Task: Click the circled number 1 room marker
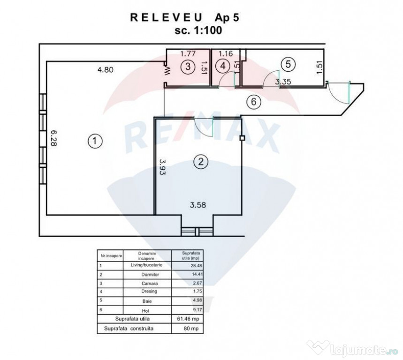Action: [95, 141]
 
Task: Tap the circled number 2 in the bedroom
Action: [201, 162]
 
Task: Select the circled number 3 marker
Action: [188, 67]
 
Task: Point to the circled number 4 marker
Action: [223, 66]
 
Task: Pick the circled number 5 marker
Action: [288, 64]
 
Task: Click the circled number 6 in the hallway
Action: [254, 102]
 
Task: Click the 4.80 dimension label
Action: [106, 69]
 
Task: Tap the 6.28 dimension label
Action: [53, 138]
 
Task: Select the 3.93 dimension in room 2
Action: [162, 167]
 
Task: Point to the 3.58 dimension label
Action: [198, 205]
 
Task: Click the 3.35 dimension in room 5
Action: [283, 82]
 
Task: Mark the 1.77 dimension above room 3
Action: [188, 53]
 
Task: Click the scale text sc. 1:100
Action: [198, 30]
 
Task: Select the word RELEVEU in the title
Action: [166, 17]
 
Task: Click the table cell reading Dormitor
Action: [150, 275]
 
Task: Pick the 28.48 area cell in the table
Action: [197, 266]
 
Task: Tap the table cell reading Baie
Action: [147, 301]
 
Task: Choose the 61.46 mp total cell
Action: [188, 319]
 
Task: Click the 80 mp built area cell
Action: [191, 329]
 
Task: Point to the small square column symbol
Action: [242, 138]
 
